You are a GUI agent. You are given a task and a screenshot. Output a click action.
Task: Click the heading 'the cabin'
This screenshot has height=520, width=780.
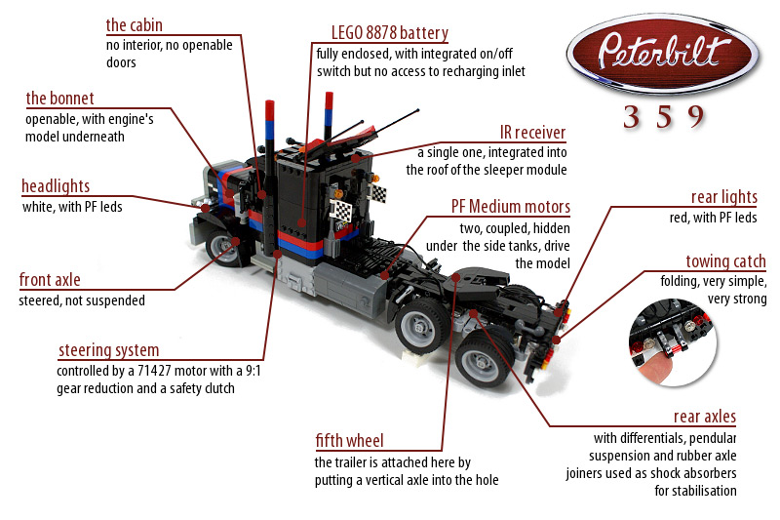[x=134, y=24]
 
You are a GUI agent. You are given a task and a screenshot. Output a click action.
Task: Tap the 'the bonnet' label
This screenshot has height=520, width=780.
[x=59, y=99]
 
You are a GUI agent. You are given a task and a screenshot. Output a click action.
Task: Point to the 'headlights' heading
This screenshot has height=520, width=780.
[x=56, y=186]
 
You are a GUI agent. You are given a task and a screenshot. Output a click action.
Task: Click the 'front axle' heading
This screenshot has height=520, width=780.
[x=49, y=281]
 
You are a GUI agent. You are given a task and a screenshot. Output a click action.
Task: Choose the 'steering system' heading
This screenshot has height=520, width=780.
[x=108, y=350]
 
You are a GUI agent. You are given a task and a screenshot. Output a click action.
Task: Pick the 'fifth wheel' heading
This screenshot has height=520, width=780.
[x=349, y=440]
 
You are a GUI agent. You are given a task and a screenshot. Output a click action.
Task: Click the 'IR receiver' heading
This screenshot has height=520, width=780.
[x=532, y=133]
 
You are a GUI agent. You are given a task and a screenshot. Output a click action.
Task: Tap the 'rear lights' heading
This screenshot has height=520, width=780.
[x=723, y=198]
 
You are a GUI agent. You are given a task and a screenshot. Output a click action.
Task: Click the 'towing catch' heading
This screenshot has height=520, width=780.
[x=725, y=261]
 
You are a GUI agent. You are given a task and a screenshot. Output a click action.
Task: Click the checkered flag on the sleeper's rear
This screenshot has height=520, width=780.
[x=341, y=213]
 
